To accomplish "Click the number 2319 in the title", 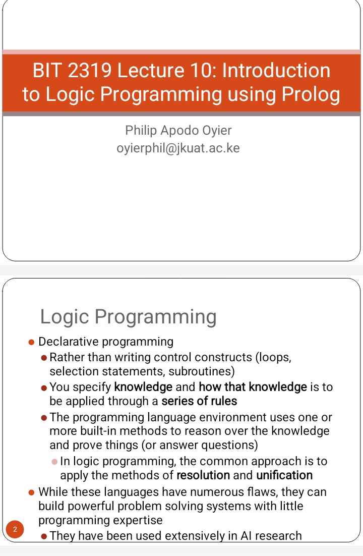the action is (x=89, y=70).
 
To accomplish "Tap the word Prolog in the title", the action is (x=311, y=95).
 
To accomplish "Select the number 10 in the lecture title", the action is (x=202, y=70).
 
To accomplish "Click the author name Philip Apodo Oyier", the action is (x=178, y=131).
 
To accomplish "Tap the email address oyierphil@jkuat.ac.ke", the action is (x=178, y=148).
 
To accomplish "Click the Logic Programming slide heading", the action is (x=129, y=317).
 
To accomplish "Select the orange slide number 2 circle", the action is (x=15, y=529).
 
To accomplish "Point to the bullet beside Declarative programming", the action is (x=31, y=342).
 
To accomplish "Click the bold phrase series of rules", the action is (x=199, y=401).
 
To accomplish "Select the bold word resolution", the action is (x=203, y=475).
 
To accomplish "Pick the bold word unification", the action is (x=284, y=475).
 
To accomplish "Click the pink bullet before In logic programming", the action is (x=54, y=462).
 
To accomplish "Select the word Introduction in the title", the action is (x=276, y=70).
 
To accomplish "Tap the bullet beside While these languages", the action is (x=31, y=492).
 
